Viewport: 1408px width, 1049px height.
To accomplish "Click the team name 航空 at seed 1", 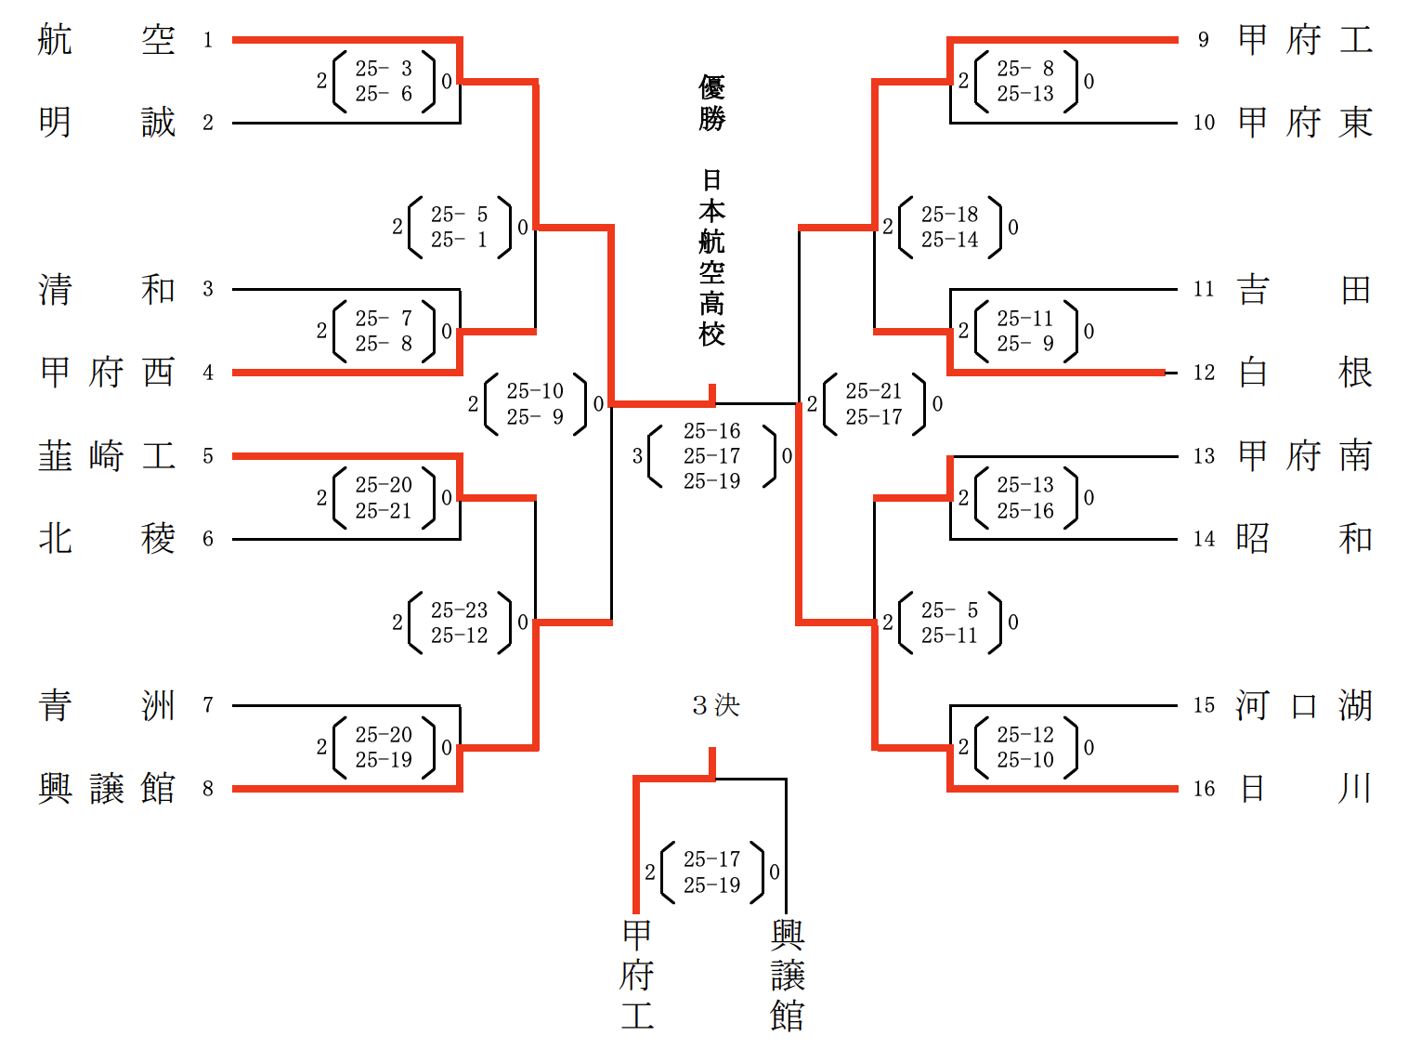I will click(106, 40).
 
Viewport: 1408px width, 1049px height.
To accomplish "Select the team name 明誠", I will click(106, 123).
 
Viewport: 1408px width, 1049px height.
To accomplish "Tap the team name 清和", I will click(106, 289).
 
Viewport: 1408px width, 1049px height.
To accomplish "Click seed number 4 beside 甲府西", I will click(208, 373).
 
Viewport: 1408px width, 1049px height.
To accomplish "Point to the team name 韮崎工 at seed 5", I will click(106, 456).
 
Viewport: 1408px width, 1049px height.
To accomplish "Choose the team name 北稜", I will click(106, 539).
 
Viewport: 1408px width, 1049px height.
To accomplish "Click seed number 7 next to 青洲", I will click(208, 705).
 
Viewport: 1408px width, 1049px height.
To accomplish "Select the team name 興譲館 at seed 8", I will click(106, 789).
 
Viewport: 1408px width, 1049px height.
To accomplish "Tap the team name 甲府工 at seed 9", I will click(1305, 40).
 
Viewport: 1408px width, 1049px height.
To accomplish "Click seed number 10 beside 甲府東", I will click(1204, 123).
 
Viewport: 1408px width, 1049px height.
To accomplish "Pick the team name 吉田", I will click(1305, 289).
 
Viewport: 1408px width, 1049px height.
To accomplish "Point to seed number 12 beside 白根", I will click(1204, 373).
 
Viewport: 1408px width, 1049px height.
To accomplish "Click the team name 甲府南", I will click(1305, 456).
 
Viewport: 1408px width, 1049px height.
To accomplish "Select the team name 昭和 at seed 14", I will click(1305, 539).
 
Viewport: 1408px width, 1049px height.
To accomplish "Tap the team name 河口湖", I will click(1305, 705).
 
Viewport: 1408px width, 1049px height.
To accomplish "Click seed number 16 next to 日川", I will click(1204, 789).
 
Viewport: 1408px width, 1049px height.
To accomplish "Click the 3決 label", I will click(715, 705).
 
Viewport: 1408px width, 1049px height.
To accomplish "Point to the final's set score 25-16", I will click(711, 431).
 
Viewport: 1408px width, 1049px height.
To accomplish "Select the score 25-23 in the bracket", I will click(459, 610).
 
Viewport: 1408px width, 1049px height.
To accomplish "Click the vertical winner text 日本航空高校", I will click(711, 257).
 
